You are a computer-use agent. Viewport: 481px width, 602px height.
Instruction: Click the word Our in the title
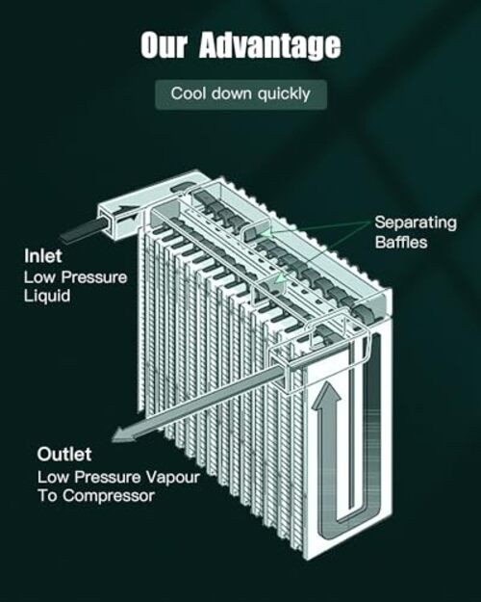(164, 45)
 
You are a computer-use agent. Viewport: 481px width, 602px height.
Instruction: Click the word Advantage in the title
(269, 46)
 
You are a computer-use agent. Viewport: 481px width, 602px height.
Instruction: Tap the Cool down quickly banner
(240, 94)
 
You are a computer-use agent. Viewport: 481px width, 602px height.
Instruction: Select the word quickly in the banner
(284, 94)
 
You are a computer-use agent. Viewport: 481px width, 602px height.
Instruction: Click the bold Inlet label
(43, 256)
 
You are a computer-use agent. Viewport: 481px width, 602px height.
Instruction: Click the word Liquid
(47, 296)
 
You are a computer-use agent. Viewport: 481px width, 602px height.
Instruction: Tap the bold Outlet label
(64, 455)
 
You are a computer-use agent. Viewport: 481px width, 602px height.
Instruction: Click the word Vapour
(173, 478)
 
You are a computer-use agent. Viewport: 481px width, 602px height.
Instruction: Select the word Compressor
(109, 496)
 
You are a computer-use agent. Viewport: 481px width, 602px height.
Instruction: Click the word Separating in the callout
(416, 222)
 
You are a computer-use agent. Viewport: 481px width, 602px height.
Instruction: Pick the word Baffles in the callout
(401, 243)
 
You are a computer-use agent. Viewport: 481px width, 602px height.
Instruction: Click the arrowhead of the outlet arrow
(123, 435)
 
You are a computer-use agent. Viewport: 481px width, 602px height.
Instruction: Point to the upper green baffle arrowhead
(265, 233)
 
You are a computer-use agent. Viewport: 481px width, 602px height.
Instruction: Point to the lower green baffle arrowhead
(281, 278)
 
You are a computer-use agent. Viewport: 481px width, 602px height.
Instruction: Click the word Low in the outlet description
(53, 478)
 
